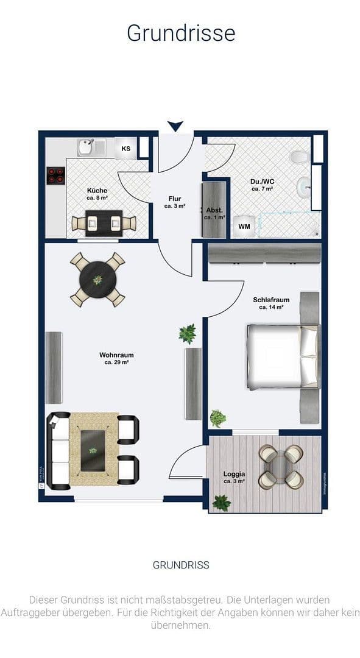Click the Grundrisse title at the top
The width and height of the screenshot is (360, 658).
coord(180,32)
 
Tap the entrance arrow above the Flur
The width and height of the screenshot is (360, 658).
coord(175,126)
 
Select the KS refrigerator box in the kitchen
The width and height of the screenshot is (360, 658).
coord(126,148)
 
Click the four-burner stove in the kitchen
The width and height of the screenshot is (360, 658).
coord(56,175)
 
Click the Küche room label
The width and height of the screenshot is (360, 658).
coord(97,194)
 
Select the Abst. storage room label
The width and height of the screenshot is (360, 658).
coord(214,213)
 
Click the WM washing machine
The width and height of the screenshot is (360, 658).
coord(244,227)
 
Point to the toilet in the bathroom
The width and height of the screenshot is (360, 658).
coord(298,158)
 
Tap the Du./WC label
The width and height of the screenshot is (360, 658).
coord(263,185)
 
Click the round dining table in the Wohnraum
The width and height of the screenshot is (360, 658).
coord(97,279)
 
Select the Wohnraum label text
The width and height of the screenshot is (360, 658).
coord(116,358)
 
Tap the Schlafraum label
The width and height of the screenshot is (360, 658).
coord(271,303)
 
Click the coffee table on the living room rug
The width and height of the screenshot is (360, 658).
coord(93,450)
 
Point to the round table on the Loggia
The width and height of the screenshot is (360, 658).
coord(281,466)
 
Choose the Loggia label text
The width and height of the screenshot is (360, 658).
coord(234,477)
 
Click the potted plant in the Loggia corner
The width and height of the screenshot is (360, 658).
coord(222,503)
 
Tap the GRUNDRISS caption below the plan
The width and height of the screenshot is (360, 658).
coord(180,565)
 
